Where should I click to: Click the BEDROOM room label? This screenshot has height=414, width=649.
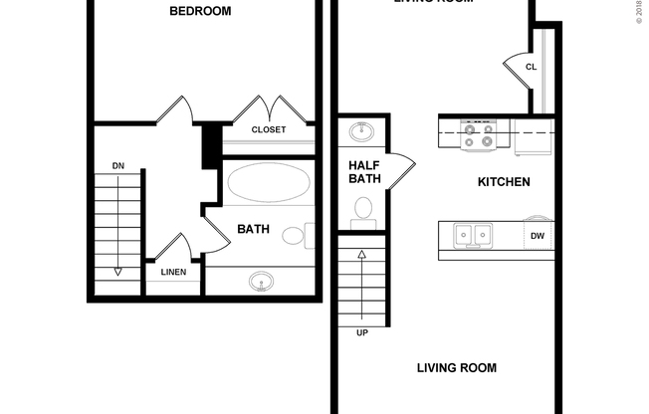pos(200,12)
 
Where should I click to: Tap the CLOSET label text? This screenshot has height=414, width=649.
pos(268,130)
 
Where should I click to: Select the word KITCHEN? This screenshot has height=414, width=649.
pos(504,182)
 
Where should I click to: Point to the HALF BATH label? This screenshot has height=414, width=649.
pos(364,172)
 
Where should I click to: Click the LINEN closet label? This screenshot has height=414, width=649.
pos(173,272)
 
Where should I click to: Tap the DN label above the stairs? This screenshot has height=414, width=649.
pos(117,165)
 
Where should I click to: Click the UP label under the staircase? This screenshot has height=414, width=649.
pos(361,332)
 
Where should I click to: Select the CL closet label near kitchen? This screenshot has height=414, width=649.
pos(531,68)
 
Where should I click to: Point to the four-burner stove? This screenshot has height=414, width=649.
pos(478,134)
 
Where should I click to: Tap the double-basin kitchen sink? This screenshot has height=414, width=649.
pos(473,236)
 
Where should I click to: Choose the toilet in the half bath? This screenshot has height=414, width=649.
pos(363,209)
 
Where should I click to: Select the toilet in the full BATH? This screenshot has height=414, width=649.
pos(295,237)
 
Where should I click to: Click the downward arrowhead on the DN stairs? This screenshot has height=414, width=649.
pos(117,270)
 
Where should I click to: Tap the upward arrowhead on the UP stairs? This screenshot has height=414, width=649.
pos(361,255)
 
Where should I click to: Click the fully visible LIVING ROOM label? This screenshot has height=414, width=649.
pos(456,368)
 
